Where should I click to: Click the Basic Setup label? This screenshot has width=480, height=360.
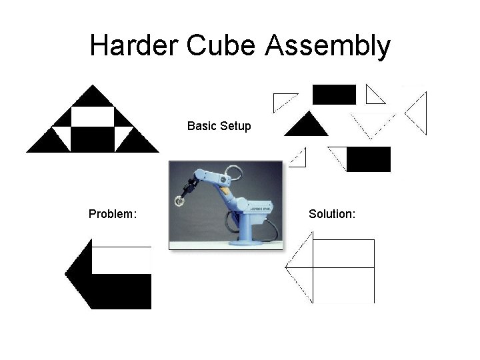(x=219, y=125)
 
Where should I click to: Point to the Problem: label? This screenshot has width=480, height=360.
(x=113, y=214)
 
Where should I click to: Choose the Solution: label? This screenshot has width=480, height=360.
(x=332, y=214)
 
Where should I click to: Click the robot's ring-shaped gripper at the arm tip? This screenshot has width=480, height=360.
(x=181, y=198)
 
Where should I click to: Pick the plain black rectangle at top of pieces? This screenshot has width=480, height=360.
(x=334, y=95)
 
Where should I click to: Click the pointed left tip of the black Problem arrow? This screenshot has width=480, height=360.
(x=66, y=273)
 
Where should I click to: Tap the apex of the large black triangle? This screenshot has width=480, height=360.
(x=93, y=87)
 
